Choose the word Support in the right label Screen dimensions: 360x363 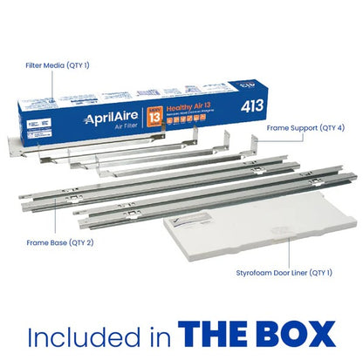pos(300,126)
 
